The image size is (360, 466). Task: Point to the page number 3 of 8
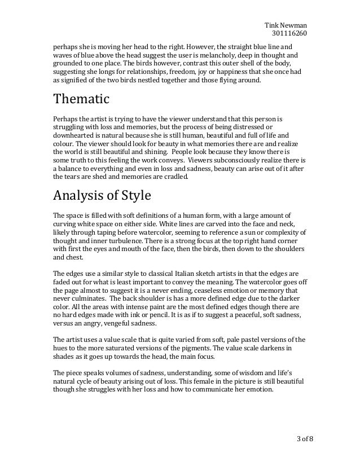[x=301, y=438]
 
